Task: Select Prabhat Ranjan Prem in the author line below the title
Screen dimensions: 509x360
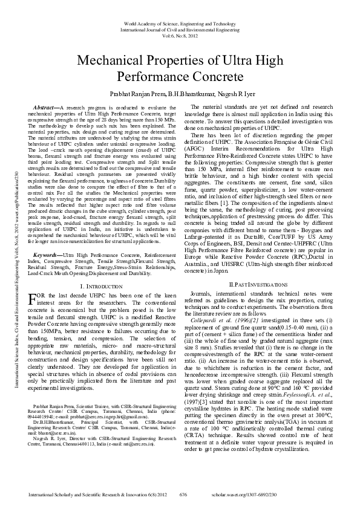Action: (x=133, y=95)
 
